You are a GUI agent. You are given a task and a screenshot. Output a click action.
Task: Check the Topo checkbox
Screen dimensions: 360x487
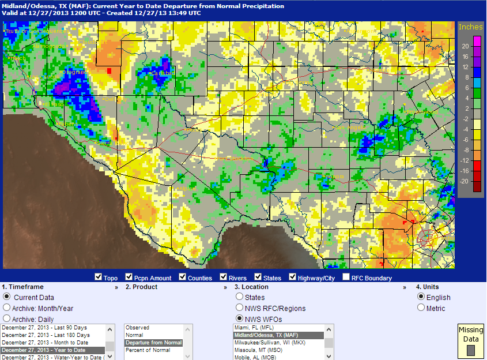coord(98,277)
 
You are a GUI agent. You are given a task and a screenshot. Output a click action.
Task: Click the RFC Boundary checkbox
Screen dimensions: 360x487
coord(346,277)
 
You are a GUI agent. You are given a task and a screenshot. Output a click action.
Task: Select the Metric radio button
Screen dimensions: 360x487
coord(422,308)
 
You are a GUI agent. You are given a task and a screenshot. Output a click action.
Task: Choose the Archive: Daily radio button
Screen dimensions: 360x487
coord(7,318)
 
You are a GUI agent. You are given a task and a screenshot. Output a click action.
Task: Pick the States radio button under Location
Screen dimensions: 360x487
coord(240,297)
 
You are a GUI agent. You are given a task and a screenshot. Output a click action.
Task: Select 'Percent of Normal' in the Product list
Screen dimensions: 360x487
coord(149,350)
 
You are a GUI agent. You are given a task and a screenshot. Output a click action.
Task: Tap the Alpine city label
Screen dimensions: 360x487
coord(186,189)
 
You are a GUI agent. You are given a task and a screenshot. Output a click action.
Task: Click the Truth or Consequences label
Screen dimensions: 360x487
coord(35,31)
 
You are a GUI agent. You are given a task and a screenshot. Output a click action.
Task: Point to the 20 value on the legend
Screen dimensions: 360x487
coord(465,46)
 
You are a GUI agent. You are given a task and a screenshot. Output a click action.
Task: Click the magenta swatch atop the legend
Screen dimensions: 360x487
coord(477,41)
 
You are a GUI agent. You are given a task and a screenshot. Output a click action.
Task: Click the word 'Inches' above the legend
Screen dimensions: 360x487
coord(470,27)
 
